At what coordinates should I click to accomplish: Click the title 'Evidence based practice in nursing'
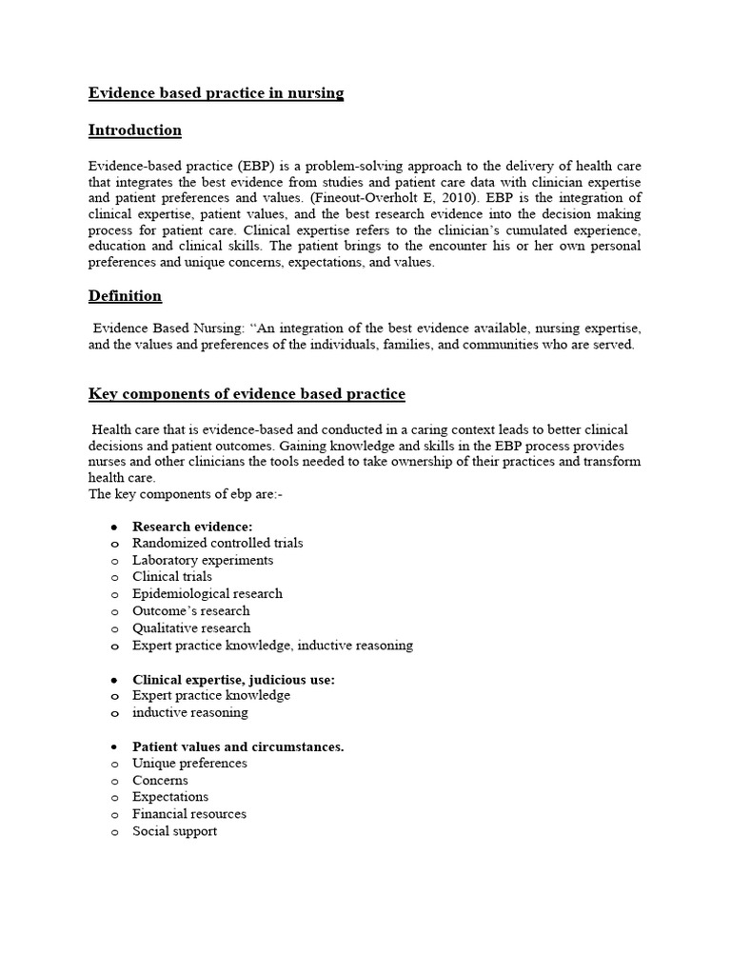[x=216, y=92]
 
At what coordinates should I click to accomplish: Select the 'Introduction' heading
[x=134, y=129]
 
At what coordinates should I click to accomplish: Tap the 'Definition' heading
[x=125, y=296]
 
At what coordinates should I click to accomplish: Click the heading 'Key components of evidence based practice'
[x=247, y=393]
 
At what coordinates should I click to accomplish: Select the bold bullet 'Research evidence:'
[x=192, y=526]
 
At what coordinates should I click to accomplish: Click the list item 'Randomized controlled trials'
[x=217, y=543]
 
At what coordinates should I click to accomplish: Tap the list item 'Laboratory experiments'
[x=203, y=560]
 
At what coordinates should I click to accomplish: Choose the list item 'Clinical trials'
[x=172, y=577]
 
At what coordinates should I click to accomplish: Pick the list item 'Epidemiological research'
[x=207, y=594]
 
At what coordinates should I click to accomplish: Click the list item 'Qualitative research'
[x=191, y=628]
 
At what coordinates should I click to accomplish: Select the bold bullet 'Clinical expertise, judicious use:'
[x=233, y=679]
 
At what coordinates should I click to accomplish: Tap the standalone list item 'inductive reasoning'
[x=189, y=713]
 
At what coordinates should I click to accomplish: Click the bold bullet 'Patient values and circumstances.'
[x=238, y=746]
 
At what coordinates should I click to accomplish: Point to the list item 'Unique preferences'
[x=189, y=764]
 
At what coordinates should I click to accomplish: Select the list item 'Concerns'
[x=160, y=781]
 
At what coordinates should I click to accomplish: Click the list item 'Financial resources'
[x=189, y=814]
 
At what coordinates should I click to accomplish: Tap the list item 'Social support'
[x=174, y=831]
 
